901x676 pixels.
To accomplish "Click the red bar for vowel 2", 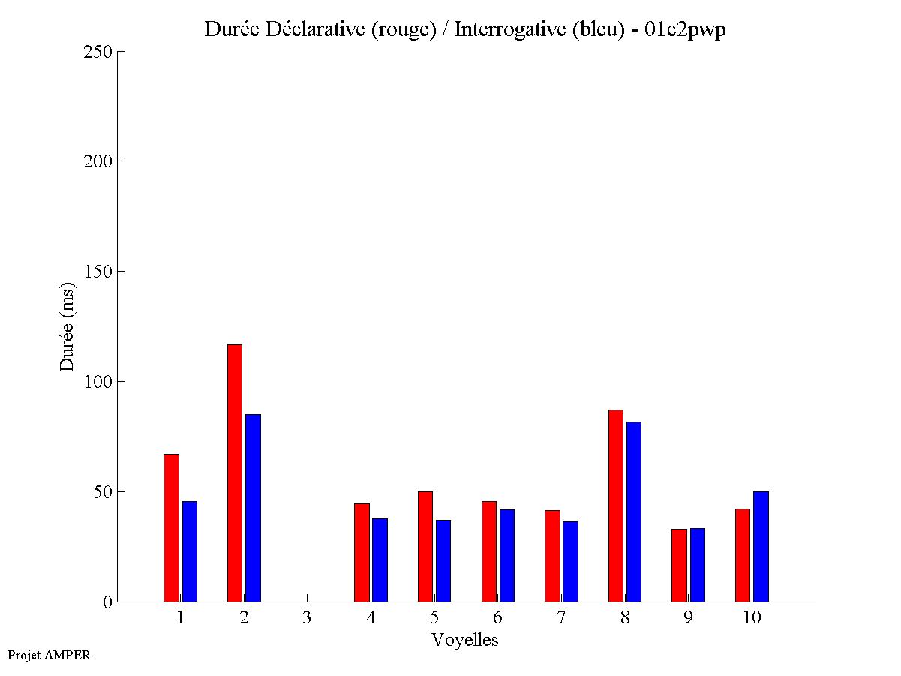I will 235,473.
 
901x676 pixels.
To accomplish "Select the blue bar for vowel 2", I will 253,508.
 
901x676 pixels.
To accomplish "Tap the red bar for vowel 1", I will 171,527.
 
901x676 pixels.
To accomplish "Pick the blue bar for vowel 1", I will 189,551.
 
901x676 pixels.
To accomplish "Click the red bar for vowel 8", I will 616,506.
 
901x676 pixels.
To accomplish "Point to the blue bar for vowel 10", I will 761,546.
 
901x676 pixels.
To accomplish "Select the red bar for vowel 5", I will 425,546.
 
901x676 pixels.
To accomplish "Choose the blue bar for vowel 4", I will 380,560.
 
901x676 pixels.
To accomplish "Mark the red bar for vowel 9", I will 679,565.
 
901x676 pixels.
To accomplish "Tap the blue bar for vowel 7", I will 570,561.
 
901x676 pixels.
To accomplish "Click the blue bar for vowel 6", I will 507,555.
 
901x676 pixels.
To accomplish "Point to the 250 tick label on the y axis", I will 98,52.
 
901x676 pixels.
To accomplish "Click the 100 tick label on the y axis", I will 98,382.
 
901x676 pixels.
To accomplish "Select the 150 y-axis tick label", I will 98,272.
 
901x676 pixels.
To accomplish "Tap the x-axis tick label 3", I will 308,617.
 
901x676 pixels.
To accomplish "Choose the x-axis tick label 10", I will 752,617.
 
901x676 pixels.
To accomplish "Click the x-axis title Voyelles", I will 465,640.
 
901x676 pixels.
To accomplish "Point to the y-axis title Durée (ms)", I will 68,326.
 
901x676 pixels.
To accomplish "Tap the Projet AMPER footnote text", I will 49,655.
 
